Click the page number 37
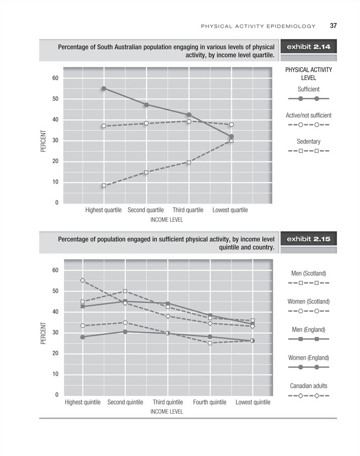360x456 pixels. pyautogui.click(x=334, y=26)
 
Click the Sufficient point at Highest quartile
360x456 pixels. pyautogui.click(x=103, y=88)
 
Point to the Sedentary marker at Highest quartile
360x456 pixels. pyautogui.click(x=103, y=185)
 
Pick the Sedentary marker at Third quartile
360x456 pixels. pyautogui.click(x=189, y=162)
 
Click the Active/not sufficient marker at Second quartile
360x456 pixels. pyautogui.click(x=146, y=123)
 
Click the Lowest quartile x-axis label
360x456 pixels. pyautogui.click(x=231, y=210)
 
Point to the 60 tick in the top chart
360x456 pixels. pyautogui.click(x=55, y=78)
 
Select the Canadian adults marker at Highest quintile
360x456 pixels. pyautogui.click(x=82, y=280)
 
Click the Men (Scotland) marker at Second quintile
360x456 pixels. pyautogui.click(x=125, y=291)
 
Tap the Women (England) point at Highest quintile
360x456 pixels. pyautogui.click(x=82, y=337)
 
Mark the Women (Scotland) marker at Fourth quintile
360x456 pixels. pyautogui.click(x=210, y=343)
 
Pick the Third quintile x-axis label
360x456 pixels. pyautogui.click(x=168, y=402)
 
